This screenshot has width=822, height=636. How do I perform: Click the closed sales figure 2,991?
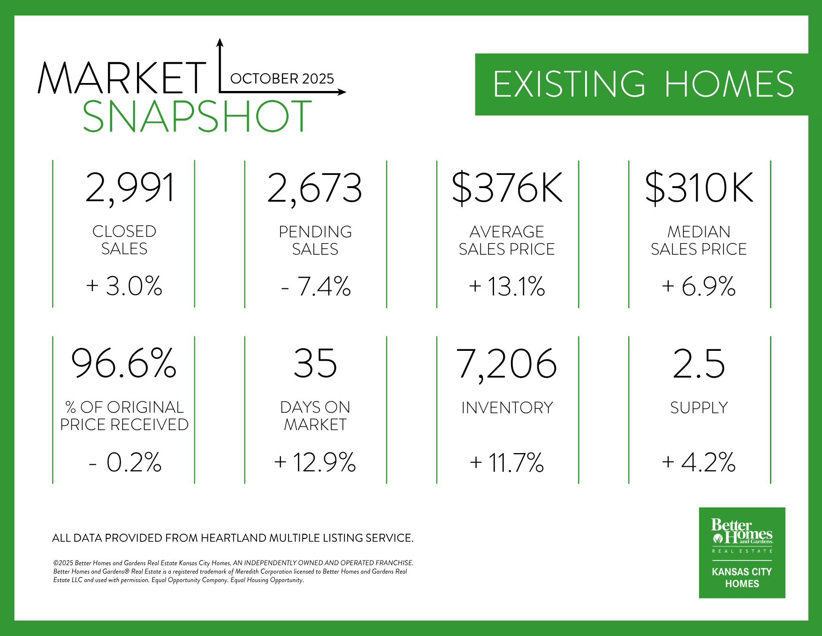tap(130, 188)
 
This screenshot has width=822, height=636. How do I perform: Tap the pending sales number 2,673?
tap(315, 188)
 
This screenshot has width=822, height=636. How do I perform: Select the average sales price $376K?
tap(507, 188)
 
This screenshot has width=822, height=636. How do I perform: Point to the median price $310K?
tap(699, 188)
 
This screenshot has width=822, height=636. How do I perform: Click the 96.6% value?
tap(124, 363)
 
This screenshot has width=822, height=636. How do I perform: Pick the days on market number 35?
tap(315, 363)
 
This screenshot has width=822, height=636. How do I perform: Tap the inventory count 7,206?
tap(507, 364)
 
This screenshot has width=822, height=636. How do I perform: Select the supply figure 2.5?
tap(699, 363)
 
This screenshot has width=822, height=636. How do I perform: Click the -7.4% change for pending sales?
tap(316, 286)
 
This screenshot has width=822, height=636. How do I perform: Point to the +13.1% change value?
tap(507, 286)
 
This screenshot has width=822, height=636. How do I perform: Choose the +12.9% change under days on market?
tap(315, 462)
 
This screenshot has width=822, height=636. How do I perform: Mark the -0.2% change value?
tap(125, 462)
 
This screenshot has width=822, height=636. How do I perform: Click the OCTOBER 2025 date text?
tap(282, 78)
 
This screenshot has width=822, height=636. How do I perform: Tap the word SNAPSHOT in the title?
tap(197, 116)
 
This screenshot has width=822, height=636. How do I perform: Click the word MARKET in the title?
tap(122, 78)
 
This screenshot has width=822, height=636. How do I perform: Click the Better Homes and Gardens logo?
tap(742, 552)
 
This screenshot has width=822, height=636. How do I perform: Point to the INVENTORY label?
tap(507, 408)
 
